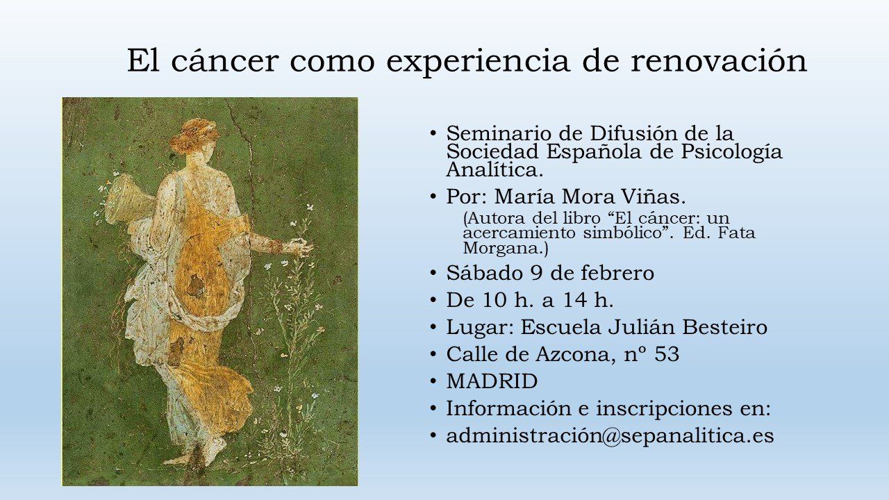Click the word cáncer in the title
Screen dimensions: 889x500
[224, 61]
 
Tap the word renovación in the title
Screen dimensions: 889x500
[719, 61]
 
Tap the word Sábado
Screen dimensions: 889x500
[484, 274]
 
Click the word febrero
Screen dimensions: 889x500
[617, 274]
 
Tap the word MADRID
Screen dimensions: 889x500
[492, 381]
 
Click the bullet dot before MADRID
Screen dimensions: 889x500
[433, 381]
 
